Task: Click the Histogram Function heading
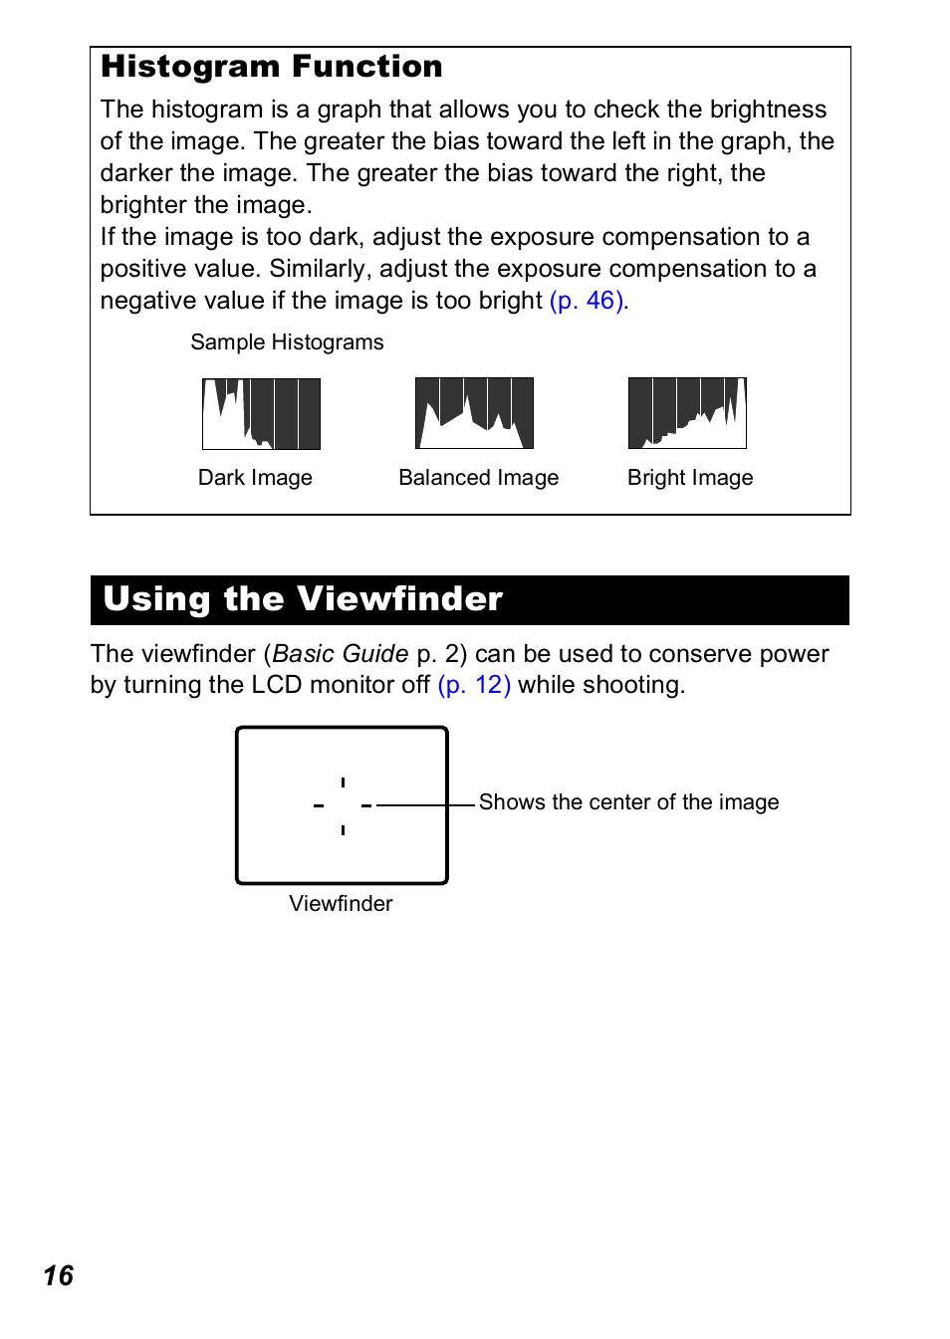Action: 272,67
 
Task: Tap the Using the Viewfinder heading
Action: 303,599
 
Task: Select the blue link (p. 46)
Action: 588,301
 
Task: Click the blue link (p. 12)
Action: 474,685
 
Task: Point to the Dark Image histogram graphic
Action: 261,414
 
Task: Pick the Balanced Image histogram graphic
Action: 474,413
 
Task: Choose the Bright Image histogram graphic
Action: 687,413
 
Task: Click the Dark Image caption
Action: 255,478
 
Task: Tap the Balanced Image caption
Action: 478,478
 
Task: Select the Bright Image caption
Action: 690,478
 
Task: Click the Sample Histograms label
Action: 287,342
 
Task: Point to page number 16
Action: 59,1276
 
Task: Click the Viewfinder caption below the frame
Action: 341,904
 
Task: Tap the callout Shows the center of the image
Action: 628,802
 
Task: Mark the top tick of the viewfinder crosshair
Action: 343,782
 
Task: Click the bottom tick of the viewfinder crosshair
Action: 343,829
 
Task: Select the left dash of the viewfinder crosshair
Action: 319,805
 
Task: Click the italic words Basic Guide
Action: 341,654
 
